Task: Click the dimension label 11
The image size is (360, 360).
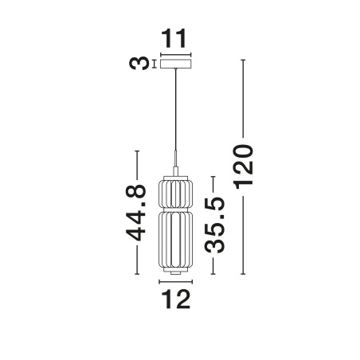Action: [174, 39]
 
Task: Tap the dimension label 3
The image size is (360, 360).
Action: [139, 64]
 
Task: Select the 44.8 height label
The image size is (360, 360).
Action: [136, 213]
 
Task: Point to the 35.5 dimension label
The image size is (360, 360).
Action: [214, 225]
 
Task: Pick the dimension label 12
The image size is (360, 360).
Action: [176, 299]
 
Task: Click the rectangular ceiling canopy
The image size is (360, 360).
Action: [175, 64]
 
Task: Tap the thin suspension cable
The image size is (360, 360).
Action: [175, 109]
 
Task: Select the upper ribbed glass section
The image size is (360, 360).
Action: [175, 194]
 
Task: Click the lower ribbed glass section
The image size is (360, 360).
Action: [175, 240]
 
